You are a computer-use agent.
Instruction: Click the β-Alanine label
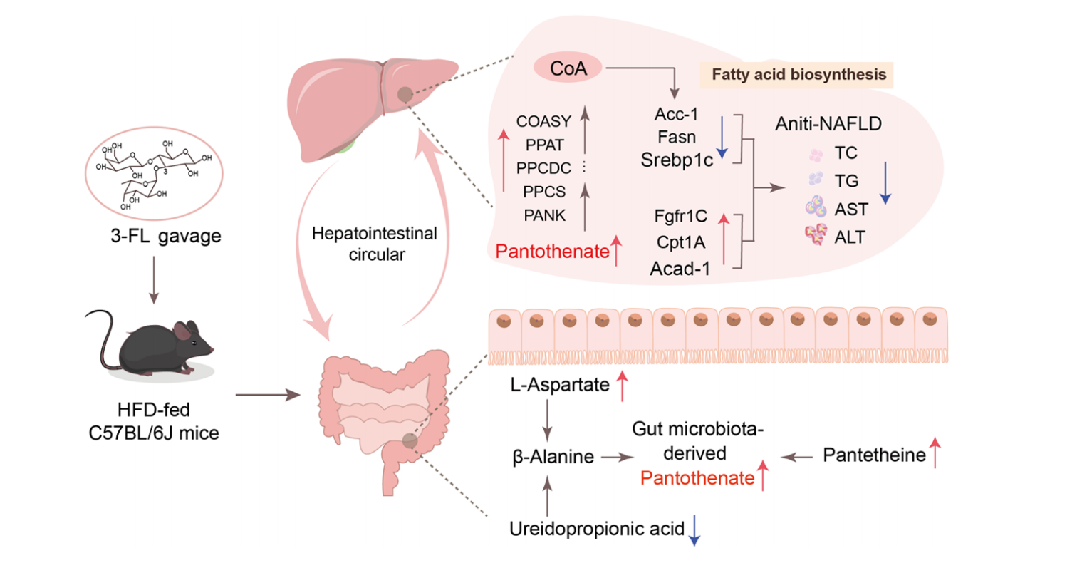click(x=553, y=458)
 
